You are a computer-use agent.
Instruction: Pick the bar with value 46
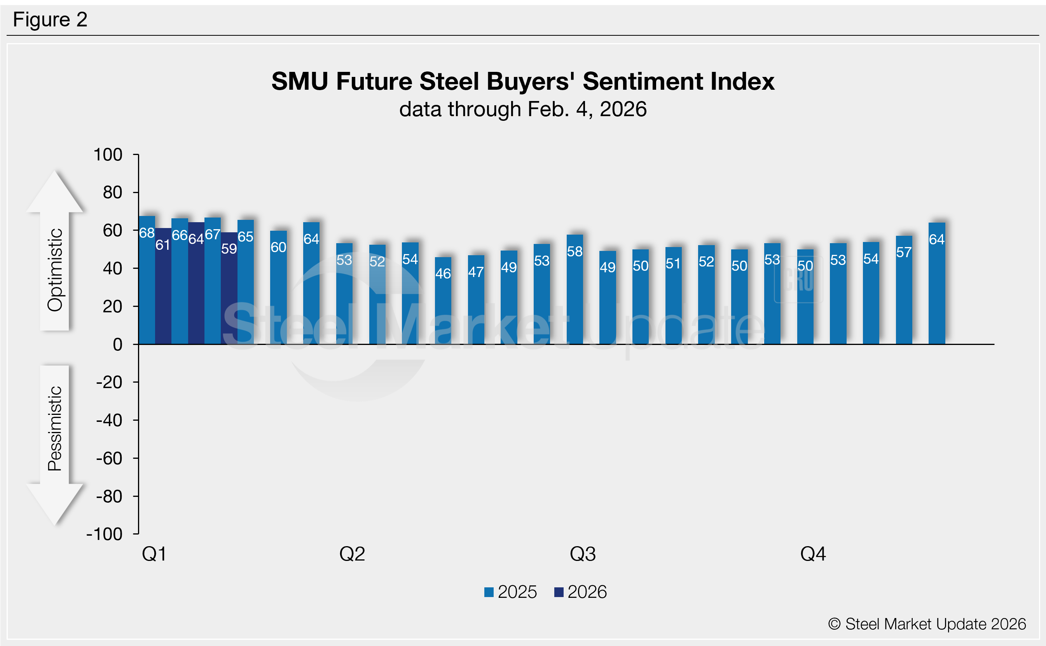(x=443, y=301)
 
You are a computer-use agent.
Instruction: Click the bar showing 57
(x=904, y=290)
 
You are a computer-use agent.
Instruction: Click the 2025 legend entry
(x=510, y=592)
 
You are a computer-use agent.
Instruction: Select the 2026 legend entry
(x=580, y=592)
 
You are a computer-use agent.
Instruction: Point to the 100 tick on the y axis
(x=108, y=155)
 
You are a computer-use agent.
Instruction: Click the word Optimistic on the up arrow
(x=55, y=270)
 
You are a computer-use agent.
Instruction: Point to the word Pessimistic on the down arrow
(x=55, y=428)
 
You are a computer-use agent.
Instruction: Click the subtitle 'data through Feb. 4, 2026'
(x=523, y=110)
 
